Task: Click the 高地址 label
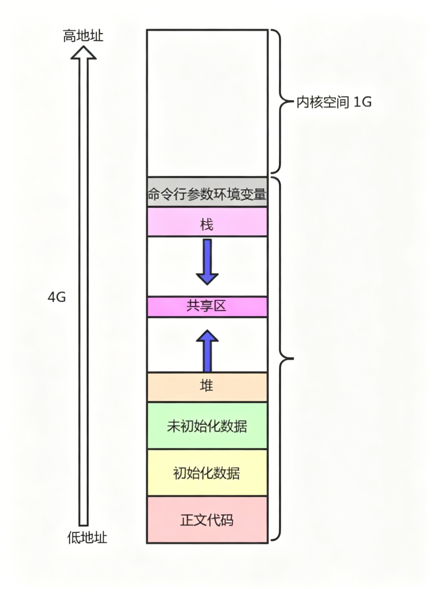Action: click(x=83, y=36)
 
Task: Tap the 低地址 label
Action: click(x=87, y=537)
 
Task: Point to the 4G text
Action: click(x=57, y=297)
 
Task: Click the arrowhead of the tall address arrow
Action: click(x=84, y=53)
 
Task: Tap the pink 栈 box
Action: click(x=207, y=222)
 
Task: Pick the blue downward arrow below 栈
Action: click(x=207, y=262)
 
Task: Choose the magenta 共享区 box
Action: click(x=207, y=307)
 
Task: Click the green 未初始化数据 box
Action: click(x=207, y=426)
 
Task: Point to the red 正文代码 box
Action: click(x=207, y=520)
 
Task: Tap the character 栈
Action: click(x=207, y=225)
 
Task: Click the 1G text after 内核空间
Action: click(x=363, y=102)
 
